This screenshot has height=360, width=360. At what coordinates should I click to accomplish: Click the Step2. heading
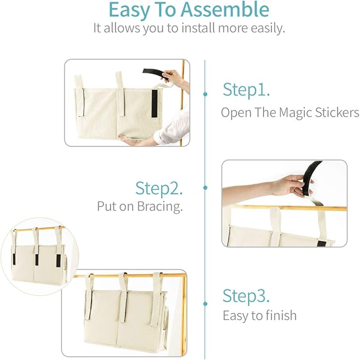[159, 188]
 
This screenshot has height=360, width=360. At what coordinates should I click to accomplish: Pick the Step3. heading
[246, 295]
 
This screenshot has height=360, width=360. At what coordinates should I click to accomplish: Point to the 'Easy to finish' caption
[259, 315]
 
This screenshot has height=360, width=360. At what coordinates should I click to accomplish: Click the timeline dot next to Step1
[205, 94]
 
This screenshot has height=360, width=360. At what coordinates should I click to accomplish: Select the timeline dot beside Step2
[205, 187]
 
